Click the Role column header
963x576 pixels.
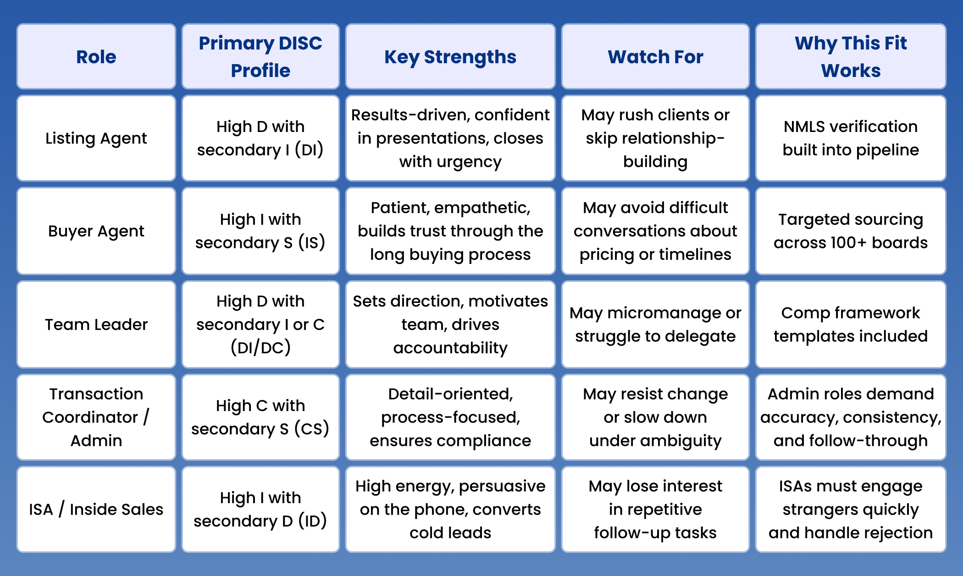(x=96, y=57)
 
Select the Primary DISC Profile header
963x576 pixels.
(x=260, y=57)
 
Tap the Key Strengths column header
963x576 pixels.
(x=450, y=57)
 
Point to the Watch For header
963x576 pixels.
(x=655, y=57)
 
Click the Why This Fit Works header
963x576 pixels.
(x=851, y=57)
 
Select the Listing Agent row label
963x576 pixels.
(x=96, y=138)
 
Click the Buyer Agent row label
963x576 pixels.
(x=96, y=231)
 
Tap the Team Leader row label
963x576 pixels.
(x=96, y=324)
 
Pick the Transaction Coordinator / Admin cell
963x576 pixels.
(x=96, y=417)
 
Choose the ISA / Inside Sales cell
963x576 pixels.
(x=96, y=510)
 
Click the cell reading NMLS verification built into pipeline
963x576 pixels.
(x=851, y=138)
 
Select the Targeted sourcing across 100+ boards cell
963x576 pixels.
(x=851, y=231)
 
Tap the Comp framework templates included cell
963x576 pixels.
(x=851, y=324)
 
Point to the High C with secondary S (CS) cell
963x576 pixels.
(x=260, y=417)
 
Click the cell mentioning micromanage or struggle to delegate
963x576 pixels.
(x=655, y=324)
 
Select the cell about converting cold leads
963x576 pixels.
(x=450, y=510)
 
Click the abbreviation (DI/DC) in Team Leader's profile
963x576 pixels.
(x=260, y=348)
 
